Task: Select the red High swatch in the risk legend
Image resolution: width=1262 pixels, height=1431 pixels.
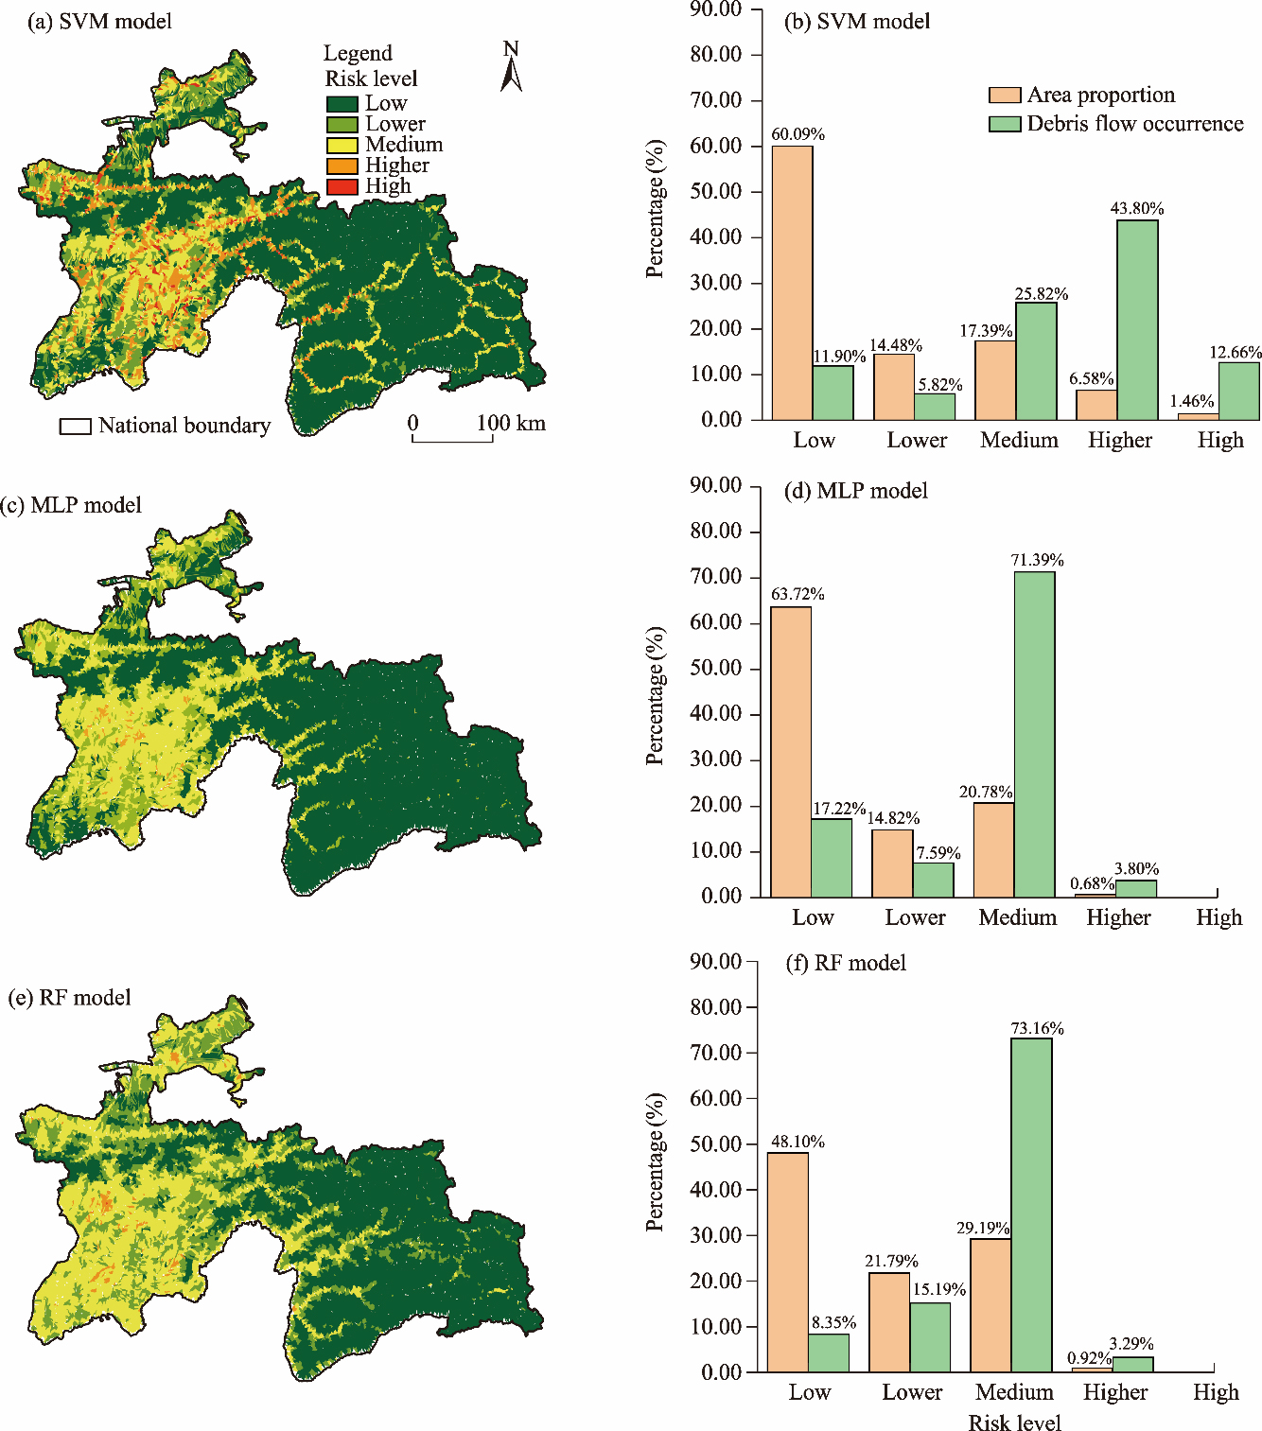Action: [342, 186]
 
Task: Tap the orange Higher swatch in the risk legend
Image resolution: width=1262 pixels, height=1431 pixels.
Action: [342, 166]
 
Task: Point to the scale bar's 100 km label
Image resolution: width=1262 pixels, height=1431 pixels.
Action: [511, 423]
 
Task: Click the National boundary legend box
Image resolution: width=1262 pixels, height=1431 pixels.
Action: [76, 427]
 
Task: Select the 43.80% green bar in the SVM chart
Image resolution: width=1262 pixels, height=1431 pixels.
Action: [1137, 320]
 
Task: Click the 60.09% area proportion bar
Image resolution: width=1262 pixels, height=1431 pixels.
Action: [793, 283]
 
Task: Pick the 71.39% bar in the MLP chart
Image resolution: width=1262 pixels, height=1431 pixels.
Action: [1034, 734]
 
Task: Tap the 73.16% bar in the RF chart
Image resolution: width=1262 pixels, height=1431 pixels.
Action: [1031, 1205]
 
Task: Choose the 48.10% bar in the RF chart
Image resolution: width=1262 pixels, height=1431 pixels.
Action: [788, 1262]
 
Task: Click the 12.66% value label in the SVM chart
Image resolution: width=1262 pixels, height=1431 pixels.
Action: [1236, 353]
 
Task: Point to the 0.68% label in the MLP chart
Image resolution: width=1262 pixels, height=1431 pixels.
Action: [1092, 883]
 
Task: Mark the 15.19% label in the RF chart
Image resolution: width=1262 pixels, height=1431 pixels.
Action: [938, 1289]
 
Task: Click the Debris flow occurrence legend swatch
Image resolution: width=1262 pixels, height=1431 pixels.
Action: [1005, 124]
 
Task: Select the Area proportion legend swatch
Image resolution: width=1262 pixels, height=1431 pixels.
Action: [1005, 96]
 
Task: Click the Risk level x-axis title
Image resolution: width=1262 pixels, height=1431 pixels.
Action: [1014, 1422]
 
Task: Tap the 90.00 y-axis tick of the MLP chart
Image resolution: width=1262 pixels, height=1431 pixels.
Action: [715, 485]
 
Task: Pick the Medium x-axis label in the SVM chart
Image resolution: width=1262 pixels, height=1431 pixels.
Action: [1019, 440]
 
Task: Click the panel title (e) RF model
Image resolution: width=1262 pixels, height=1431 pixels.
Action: [69, 998]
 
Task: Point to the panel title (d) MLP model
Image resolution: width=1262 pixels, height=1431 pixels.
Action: [856, 491]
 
